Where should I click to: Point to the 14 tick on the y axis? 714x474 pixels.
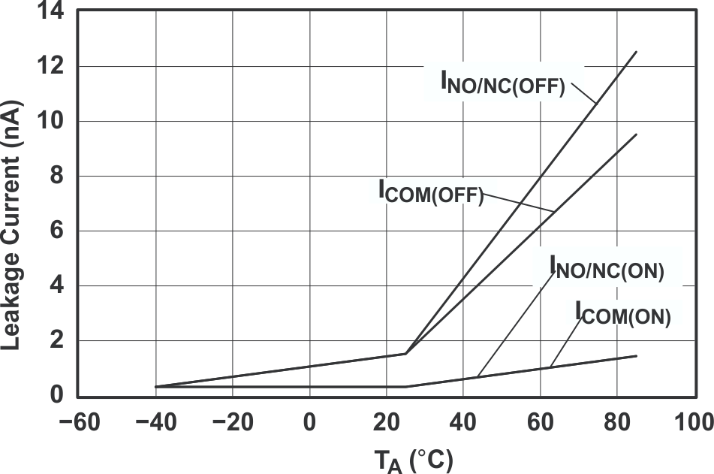pos(57,13)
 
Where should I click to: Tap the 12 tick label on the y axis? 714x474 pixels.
pos(57,67)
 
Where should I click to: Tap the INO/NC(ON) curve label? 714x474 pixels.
pos(607,269)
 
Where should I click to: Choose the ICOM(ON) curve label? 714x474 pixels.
pos(623,313)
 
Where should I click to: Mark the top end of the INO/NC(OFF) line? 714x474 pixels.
pos(636,52)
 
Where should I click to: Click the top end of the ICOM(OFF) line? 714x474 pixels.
pos(636,134)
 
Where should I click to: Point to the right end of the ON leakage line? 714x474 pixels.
pos(636,356)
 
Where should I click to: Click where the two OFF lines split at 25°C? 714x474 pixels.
pos(405,353)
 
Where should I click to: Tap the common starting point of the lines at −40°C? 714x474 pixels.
pos(155,386)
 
